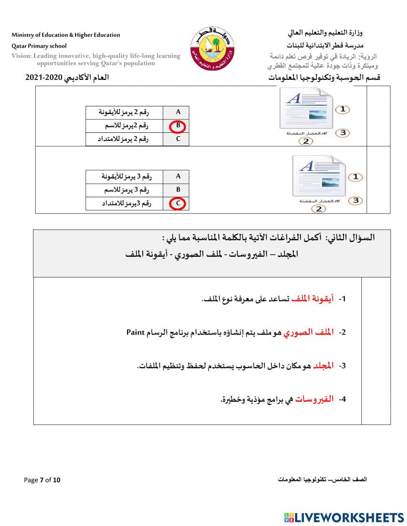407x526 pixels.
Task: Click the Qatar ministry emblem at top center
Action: [213, 48]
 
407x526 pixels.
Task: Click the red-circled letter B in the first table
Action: [178, 126]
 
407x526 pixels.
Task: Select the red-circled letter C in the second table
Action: [178, 203]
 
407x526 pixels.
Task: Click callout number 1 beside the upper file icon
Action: [343, 109]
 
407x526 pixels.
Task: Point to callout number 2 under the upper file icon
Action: [306, 141]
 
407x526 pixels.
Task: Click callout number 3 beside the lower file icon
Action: [355, 200]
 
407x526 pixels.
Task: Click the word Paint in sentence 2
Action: [136, 332]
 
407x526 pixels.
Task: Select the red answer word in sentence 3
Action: [323, 365]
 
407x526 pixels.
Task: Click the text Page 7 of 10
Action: [42, 480]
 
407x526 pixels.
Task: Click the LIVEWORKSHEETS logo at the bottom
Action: [344, 517]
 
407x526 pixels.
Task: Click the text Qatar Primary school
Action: [39, 46]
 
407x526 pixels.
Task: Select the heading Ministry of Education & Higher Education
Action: [66, 35]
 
